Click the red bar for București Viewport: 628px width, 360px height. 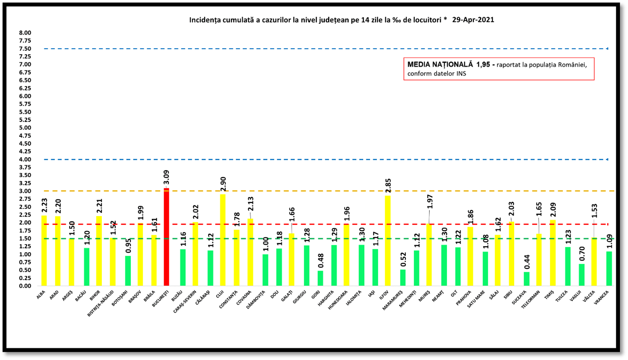[x=166, y=237]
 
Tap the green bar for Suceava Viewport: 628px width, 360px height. [x=527, y=279]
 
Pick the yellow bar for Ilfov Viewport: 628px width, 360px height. [x=388, y=241]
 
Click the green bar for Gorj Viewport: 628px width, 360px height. [x=320, y=278]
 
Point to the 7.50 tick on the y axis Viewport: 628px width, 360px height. [x=25, y=49]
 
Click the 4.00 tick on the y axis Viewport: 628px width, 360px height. [x=25, y=159]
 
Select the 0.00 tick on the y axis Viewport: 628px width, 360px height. [x=25, y=286]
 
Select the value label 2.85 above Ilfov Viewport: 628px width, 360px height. [x=388, y=186]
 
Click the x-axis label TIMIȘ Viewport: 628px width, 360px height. [x=549, y=296]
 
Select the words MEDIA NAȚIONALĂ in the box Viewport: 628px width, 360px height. [x=440, y=65]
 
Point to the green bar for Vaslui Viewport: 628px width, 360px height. [x=582, y=275]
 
